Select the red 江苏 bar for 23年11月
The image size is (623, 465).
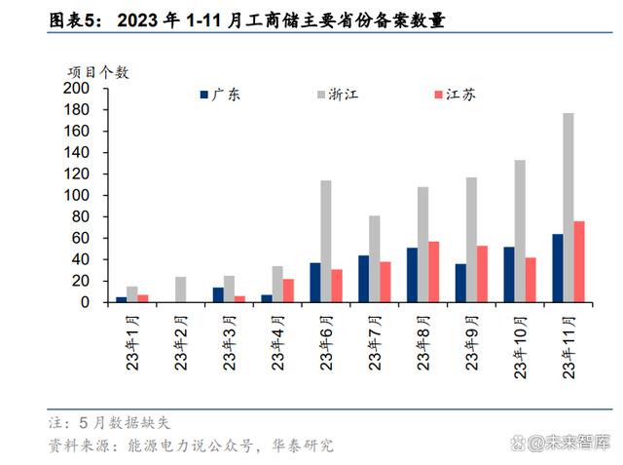click(579, 261)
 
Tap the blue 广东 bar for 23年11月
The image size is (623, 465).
click(558, 268)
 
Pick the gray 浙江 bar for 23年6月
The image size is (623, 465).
click(326, 241)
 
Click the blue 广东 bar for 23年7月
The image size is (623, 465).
click(363, 279)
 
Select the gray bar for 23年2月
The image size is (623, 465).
click(180, 290)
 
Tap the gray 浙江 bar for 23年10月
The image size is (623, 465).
click(520, 231)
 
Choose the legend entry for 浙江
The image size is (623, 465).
click(341, 95)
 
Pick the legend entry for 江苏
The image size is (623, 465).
click(455, 95)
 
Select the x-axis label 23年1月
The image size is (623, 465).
click(131, 341)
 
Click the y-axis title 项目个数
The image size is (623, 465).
click(97, 71)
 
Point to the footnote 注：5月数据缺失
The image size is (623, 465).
click(109, 423)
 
